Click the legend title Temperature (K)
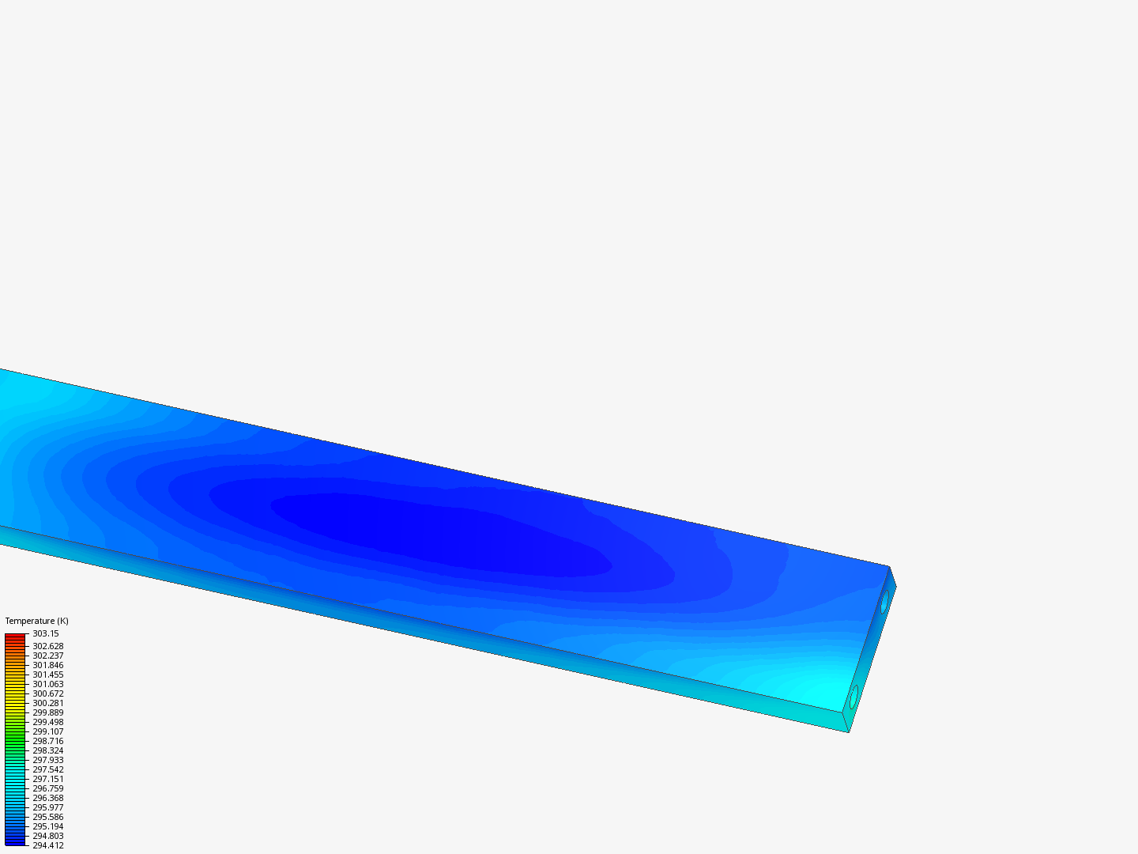click(36, 621)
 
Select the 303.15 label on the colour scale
click(45, 633)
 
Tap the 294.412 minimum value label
click(47, 845)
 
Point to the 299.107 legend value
click(47, 731)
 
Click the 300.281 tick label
click(47, 703)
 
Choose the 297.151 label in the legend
click(47, 779)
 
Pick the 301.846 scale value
click(47, 665)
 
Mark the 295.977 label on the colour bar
click(47, 807)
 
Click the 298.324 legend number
click(47, 750)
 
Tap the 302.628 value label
click(47, 646)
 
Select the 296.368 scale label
click(47, 798)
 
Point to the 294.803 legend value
click(47, 836)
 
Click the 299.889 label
click(47, 712)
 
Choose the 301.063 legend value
click(47, 684)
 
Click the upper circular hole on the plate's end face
click(884, 601)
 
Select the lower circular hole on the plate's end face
click(853, 697)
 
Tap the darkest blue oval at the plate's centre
click(435, 530)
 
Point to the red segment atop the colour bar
click(15, 637)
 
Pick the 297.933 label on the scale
click(47, 760)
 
